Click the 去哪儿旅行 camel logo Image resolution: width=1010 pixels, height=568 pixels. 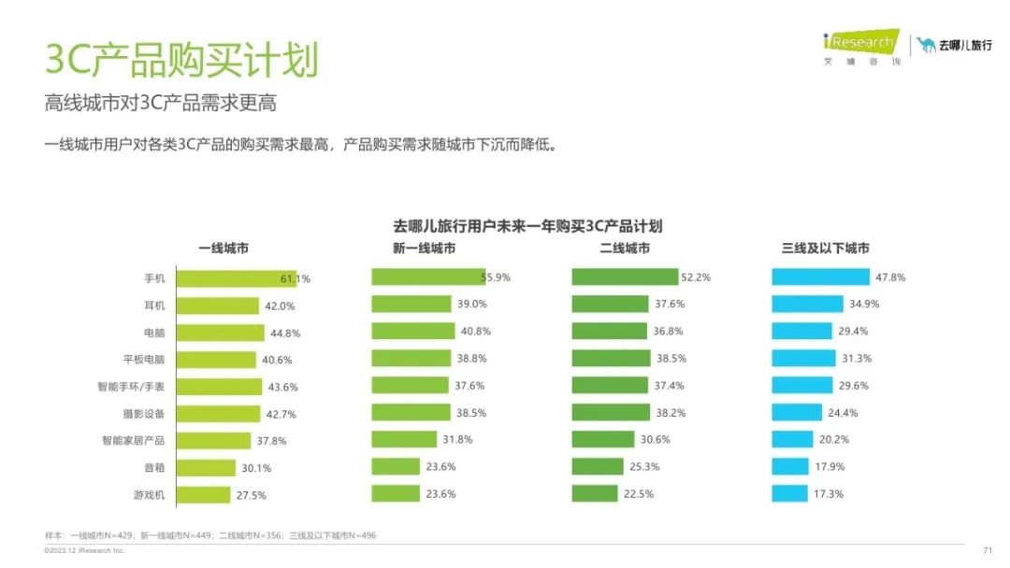click(954, 45)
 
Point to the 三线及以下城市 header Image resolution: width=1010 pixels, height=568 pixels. click(825, 248)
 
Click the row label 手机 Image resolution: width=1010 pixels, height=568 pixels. click(154, 278)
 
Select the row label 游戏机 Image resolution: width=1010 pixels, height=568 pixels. click(149, 495)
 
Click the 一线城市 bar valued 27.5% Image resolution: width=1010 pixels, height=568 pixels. click(203, 495)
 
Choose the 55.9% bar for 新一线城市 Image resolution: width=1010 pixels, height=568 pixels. click(427, 277)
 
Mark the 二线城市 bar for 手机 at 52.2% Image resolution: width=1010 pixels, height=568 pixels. click(625, 277)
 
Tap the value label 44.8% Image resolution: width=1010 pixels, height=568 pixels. click(282, 333)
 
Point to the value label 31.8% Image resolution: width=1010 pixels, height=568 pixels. click(457, 439)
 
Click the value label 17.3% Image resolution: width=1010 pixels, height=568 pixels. click(829, 493)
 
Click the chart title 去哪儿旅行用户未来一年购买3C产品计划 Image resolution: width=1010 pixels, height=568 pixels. click(527, 226)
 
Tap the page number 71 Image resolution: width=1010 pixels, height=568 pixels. click(987, 550)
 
